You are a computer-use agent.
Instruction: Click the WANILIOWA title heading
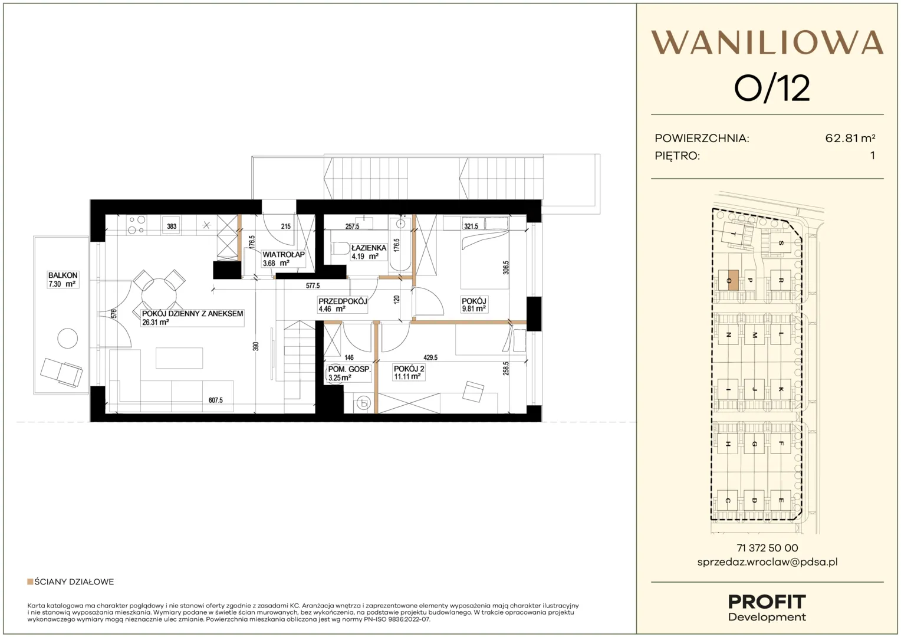pos(767,42)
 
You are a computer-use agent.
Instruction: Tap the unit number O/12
pos(772,88)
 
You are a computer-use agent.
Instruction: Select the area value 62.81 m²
pos(850,139)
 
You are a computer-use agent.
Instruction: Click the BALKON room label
pos(63,275)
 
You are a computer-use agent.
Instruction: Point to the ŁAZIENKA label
pos(369,248)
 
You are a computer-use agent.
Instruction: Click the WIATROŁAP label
pos(283,254)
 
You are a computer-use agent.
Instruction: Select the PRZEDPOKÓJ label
pos(343,301)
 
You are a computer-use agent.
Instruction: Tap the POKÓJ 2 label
pos(409,369)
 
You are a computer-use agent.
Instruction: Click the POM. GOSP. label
pos(349,369)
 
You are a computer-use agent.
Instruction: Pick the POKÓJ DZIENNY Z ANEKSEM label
pos(192,314)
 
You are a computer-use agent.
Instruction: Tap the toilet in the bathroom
pos(341,248)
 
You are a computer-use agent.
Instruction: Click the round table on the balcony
pos(68,339)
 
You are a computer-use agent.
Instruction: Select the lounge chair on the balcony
pos(61,373)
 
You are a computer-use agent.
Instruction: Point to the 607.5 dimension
pos(216,400)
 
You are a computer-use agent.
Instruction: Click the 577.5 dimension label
pos(313,285)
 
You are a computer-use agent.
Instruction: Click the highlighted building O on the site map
pos(732,280)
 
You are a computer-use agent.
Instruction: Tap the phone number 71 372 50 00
pos(767,548)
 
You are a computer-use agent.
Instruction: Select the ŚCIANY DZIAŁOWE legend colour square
pos(30,582)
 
